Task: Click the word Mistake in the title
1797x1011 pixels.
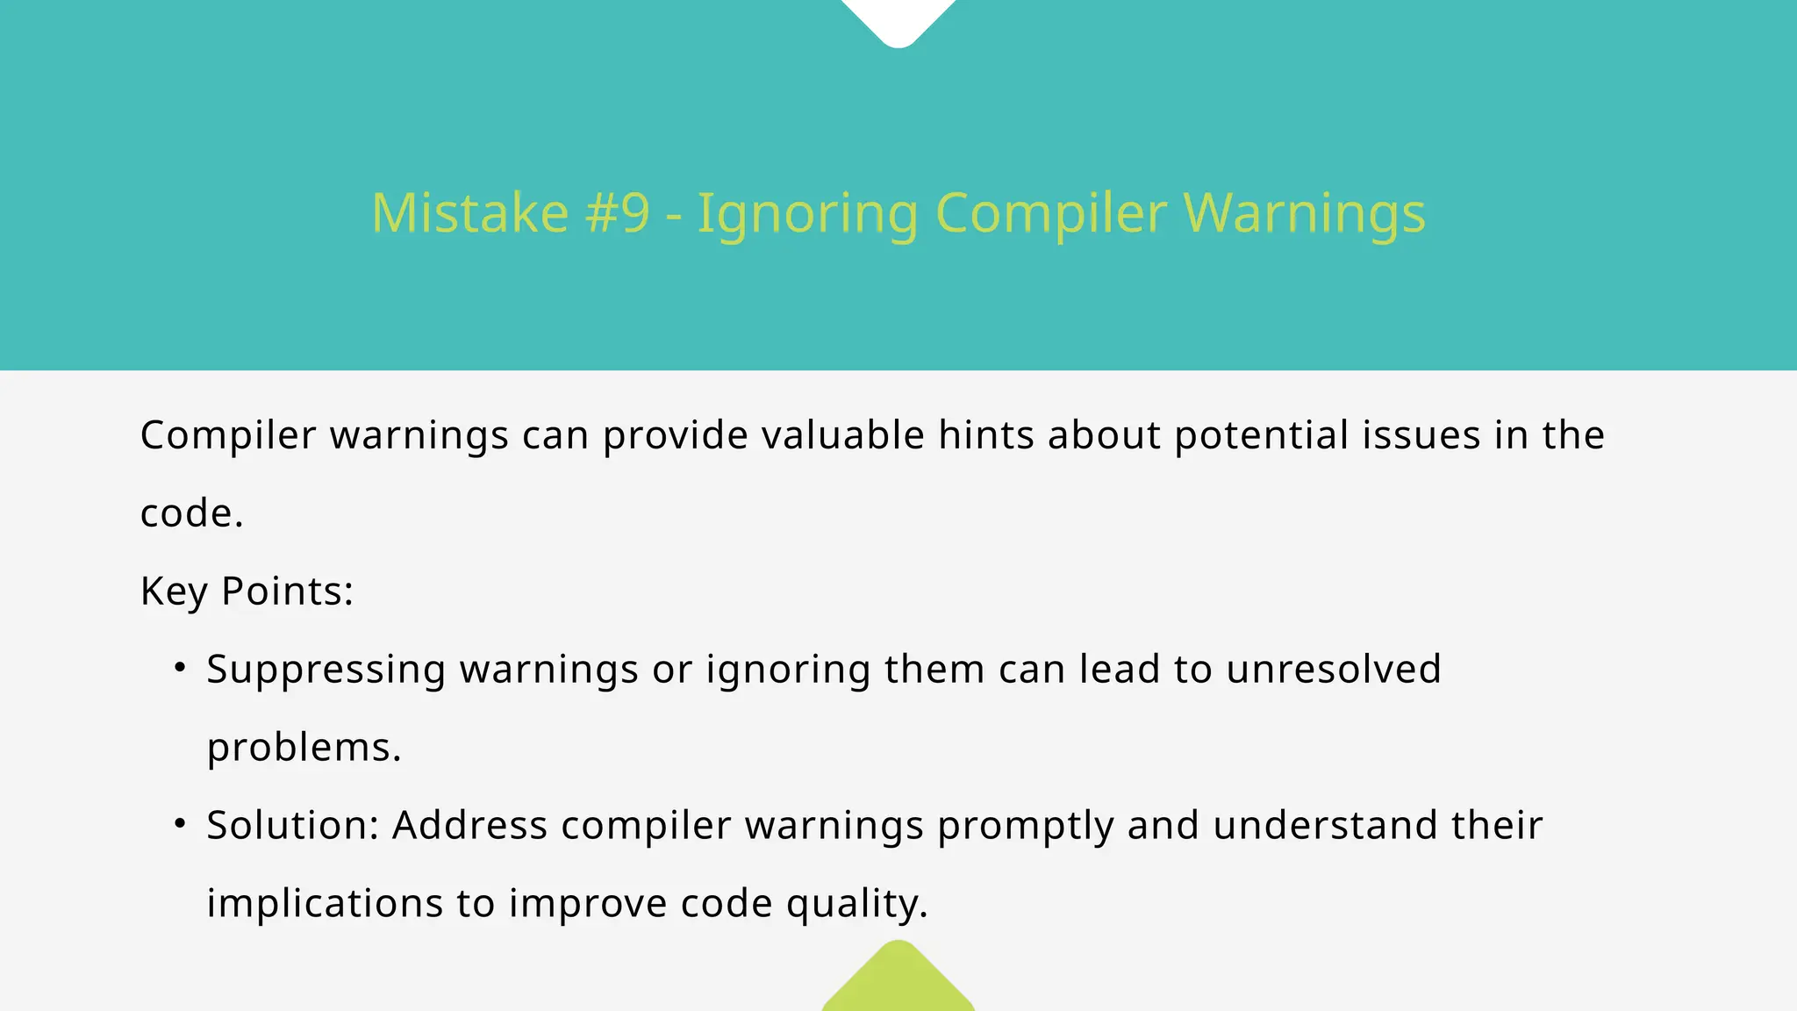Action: point(470,212)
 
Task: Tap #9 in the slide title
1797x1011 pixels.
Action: point(618,212)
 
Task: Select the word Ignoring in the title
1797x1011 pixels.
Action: point(807,214)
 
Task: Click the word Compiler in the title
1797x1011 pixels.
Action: point(1051,214)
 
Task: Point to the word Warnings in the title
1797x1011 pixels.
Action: point(1305,214)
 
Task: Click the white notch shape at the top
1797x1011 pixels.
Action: point(898,19)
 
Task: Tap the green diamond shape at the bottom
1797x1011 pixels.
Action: point(898,981)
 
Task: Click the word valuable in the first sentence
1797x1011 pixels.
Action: point(842,435)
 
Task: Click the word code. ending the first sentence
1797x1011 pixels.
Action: point(191,513)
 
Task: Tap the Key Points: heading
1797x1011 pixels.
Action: point(247,592)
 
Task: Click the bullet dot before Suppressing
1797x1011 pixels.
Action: point(180,669)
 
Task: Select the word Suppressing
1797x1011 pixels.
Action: point(326,670)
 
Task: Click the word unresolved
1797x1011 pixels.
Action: point(1334,669)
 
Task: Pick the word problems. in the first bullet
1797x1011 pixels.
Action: point(304,748)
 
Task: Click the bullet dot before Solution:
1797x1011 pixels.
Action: point(180,825)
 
